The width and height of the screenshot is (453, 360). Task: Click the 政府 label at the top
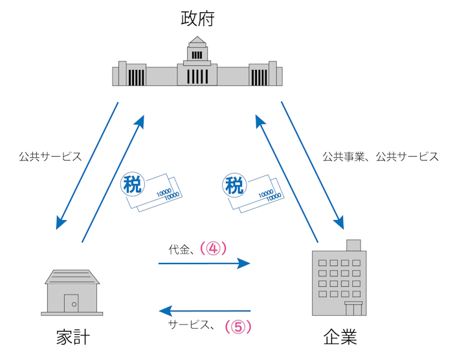click(197, 18)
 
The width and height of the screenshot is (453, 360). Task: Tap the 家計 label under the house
click(72, 337)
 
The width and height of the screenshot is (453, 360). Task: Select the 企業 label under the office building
click(339, 337)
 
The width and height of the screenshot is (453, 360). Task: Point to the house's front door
click(73, 303)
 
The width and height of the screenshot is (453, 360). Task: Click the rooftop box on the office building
click(353, 245)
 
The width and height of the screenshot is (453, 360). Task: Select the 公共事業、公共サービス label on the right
click(381, 157)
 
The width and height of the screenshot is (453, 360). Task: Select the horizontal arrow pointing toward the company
click(204, 263)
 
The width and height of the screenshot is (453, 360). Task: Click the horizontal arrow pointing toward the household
click(204, 311)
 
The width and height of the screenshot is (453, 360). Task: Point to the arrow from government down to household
click(88, 165)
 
